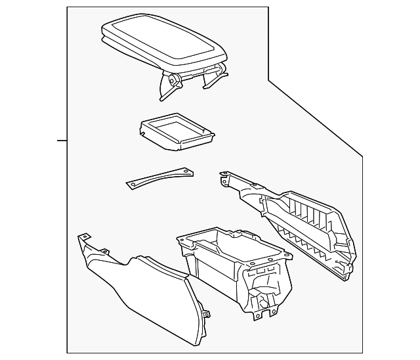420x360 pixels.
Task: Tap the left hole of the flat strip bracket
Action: pos(134,184)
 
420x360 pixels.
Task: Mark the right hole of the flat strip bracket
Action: pos(186,171)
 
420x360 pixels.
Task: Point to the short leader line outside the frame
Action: pos(62,141)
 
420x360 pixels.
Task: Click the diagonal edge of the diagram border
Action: pos(315,118)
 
